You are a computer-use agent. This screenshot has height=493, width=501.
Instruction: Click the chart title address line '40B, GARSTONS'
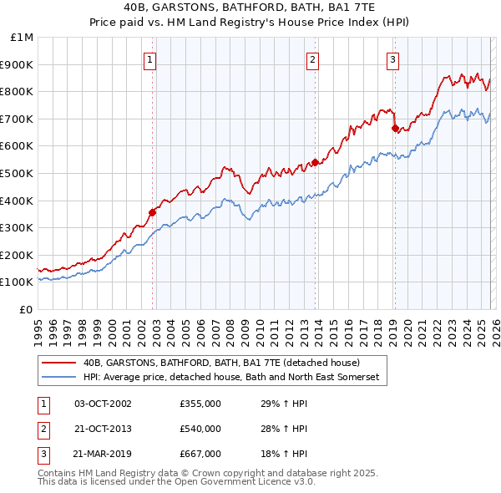[250, 7]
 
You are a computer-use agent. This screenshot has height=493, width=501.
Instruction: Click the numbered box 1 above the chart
[149, 59]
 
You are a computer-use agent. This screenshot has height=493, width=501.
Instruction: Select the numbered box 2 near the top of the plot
[312, 59]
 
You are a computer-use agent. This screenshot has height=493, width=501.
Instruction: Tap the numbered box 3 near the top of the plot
[392, 59]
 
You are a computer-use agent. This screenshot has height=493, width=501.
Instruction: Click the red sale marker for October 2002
[153, 212]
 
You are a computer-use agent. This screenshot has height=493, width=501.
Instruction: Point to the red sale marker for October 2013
[315, 162]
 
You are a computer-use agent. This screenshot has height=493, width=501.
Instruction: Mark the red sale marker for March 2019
[395, 128]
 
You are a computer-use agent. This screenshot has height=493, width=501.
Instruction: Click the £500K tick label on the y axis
[18, 173]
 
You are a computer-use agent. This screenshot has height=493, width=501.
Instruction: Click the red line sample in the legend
[58, 363]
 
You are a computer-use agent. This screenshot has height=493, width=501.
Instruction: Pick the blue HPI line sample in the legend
[58, 378]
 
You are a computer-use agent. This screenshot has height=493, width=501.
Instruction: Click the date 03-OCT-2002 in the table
[103, 403]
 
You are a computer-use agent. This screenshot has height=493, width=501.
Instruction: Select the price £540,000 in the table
[200, 429]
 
